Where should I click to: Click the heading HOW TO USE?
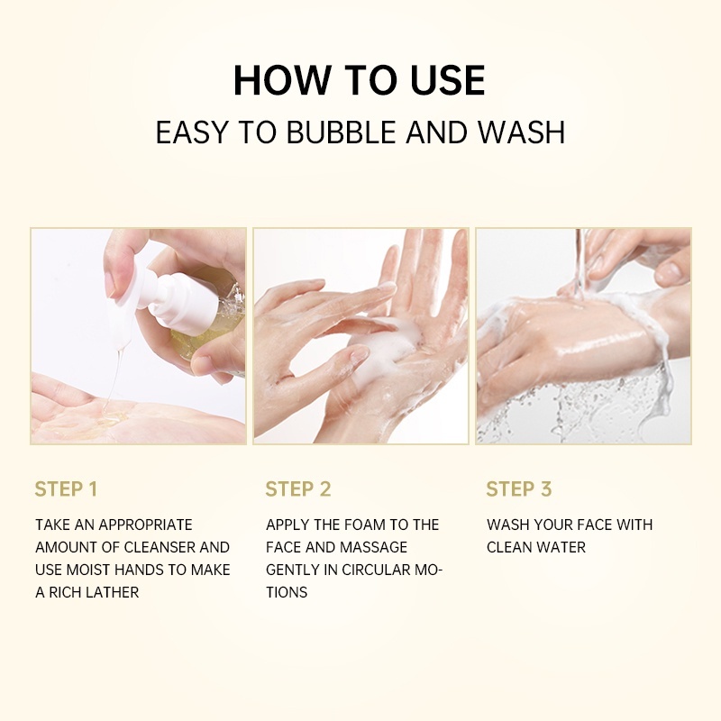tap(360, 80)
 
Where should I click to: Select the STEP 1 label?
tap(66, 489)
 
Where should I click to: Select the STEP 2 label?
tap(298, 489)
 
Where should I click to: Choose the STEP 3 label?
tap(519, 489)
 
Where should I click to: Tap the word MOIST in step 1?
tap(93, 570)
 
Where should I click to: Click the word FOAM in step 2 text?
tap(360, 525)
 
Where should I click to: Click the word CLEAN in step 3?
tap(510, 547)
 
